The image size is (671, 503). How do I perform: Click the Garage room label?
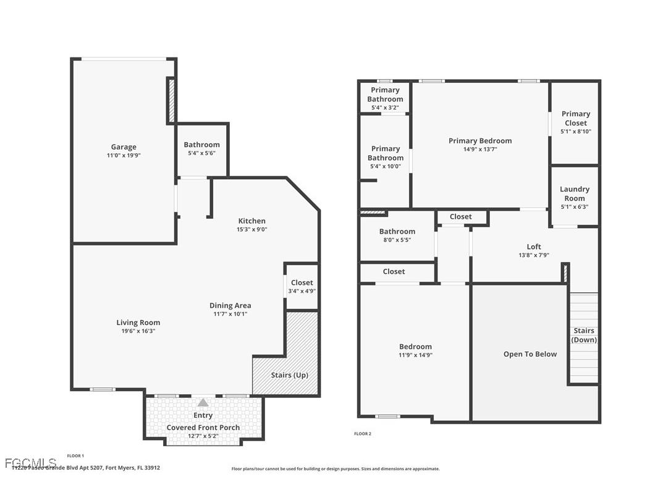124,147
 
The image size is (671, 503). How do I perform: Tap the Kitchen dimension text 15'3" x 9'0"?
252,229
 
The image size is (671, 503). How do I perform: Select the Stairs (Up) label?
289,375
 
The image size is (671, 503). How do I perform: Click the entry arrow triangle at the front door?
203,402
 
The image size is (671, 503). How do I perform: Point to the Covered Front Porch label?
203,428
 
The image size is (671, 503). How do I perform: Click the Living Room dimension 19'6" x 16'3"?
138,331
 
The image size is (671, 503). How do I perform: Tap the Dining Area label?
230,305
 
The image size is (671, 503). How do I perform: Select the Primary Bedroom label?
480,141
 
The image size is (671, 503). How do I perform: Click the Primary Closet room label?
575,118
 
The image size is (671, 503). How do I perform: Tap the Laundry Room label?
575,193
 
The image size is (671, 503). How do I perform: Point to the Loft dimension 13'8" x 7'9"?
534,255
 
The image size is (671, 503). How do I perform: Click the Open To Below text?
530,354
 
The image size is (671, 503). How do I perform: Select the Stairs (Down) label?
584,336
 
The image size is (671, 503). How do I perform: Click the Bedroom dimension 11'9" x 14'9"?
415,355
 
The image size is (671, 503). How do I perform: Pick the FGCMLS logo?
30,462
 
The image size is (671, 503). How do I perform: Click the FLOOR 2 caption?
363,434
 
